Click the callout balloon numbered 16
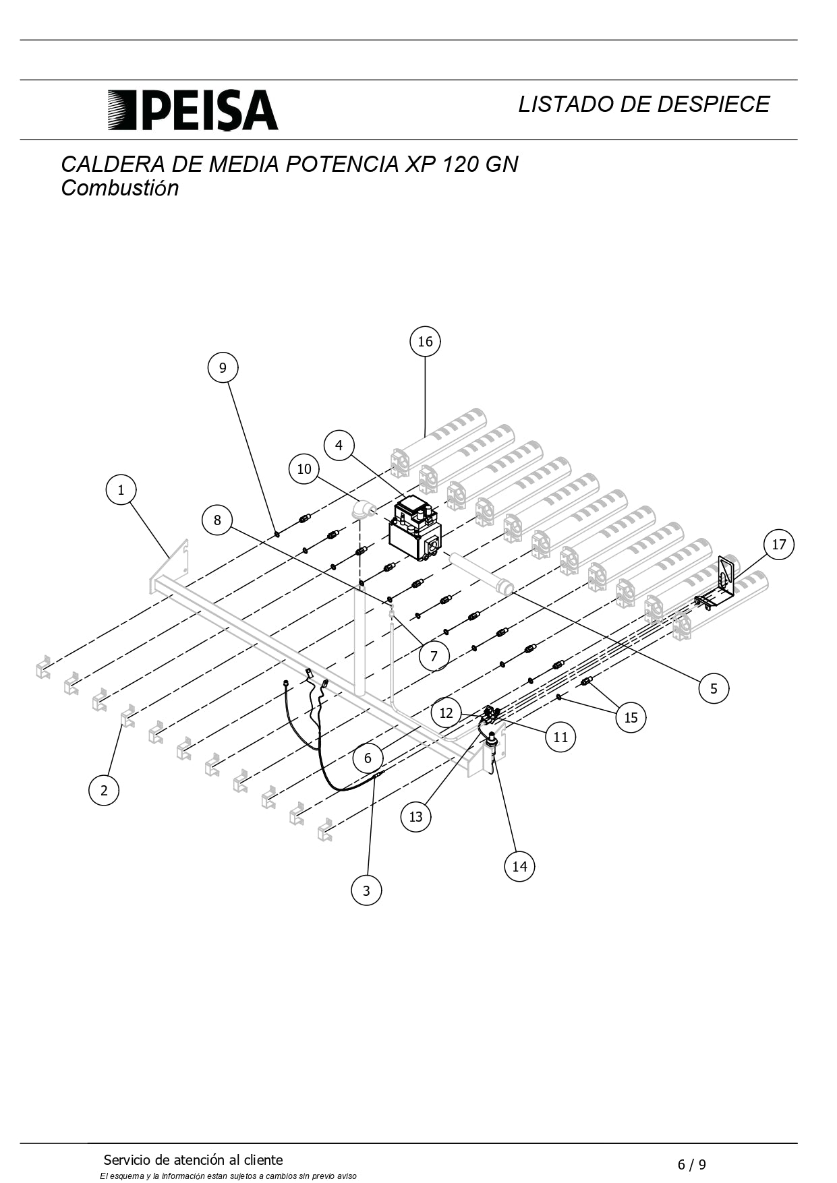(425, 341)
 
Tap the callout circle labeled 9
(223, 367)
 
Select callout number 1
(121, 489)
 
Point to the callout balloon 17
(779, 544)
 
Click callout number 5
(714, 688)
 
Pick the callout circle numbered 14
(519, 866)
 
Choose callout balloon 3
(366, 890)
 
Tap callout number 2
(104, 790)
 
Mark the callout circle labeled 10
(304, 468)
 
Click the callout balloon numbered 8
(217, 520)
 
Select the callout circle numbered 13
(415, 816)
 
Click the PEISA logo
(193, 110)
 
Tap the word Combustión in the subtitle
(120, 188)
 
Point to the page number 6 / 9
(692, 1164)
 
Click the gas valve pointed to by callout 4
(415, 528)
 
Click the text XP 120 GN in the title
(461, 164)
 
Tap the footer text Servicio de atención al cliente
(193, 1160)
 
